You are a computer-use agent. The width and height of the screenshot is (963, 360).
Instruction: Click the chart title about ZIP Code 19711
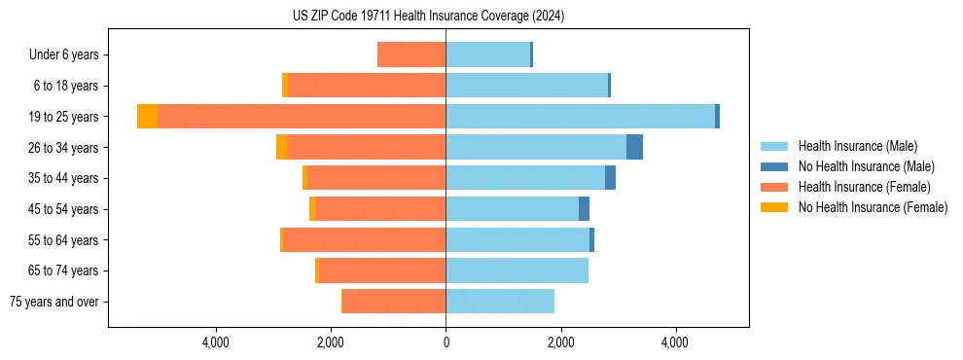(x=428, y=16)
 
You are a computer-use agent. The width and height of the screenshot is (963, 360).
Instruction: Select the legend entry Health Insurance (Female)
(x=864, y=187)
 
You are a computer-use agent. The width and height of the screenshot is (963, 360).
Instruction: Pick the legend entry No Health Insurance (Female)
(x=873, y=207)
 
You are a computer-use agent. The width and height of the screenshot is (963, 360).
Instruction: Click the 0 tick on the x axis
(x=446, y=342)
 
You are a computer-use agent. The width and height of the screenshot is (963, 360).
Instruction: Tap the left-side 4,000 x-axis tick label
(x=215, y=342)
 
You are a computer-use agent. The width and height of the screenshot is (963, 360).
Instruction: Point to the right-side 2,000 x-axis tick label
(x=560, y=342)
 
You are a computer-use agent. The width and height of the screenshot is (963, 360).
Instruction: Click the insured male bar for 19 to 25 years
(x=580, y=117)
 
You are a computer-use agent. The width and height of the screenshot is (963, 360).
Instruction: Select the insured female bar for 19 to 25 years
(x=302, y=117)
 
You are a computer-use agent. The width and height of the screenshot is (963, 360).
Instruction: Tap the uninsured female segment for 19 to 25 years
(x=147, y=117)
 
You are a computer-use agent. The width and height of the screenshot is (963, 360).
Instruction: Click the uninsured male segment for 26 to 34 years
(x=634, y=147)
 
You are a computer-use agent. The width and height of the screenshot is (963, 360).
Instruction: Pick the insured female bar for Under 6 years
(x=411, y=55)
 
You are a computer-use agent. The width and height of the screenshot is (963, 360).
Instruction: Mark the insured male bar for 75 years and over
(x=500, y=302)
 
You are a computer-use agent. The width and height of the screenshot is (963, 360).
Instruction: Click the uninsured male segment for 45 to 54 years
(x=584, y=209)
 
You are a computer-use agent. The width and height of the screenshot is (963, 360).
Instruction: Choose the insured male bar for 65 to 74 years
(x=517, y=270)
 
